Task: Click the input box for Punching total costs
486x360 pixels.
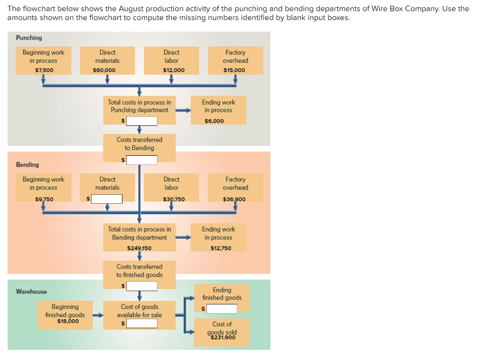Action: [141, 121]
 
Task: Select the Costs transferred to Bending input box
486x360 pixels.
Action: [141, 160]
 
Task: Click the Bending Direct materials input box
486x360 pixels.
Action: [107, 199]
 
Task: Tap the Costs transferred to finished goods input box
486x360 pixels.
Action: [141, 286]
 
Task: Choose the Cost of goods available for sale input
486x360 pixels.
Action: [141, 323]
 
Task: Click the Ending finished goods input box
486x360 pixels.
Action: [221, 309]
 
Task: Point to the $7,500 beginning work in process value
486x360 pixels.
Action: [44, 70]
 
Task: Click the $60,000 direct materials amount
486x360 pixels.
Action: [104, 70]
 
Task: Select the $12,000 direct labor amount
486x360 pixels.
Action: [174, 70]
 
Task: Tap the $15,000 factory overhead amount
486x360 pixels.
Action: [234, 70]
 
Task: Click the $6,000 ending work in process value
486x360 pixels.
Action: [214, 121]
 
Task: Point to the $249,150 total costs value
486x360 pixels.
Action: [140, 248]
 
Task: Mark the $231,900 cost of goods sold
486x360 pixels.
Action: [223, 338]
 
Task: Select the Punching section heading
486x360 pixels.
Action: [29, 38]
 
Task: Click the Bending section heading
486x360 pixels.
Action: [28, 165]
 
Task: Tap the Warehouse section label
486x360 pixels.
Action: [31, 292]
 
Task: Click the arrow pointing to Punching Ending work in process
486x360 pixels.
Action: [183, 111]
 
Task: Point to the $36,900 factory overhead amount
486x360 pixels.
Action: [234, 199]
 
